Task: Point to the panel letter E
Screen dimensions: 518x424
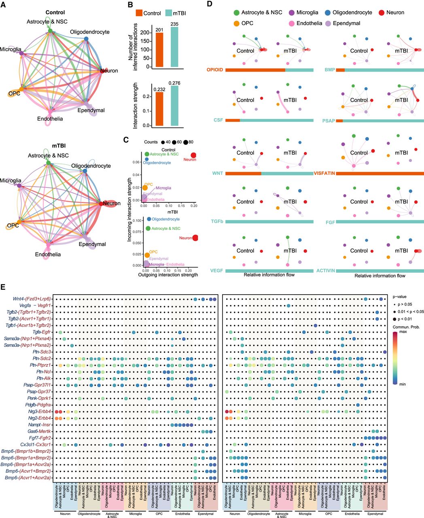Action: click(x=4, y=287)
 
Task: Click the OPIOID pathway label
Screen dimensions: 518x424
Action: click(x=214, y=70)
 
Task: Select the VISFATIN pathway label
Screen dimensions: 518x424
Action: click(x=324, y=173)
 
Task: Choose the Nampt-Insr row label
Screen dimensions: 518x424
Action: click(x=40, y=425)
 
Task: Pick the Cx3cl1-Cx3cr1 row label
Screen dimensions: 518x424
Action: click(x=36, y=444)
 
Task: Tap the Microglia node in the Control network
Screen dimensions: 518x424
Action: click(x=21, y=53)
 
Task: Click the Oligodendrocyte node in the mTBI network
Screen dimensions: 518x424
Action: click(x=85, y=171)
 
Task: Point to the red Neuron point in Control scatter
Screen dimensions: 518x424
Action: click(x=193, y=155)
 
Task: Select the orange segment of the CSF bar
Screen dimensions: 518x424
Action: click(x=233, y=120)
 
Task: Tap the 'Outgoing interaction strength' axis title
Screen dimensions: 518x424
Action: click(x=168, y=275)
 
